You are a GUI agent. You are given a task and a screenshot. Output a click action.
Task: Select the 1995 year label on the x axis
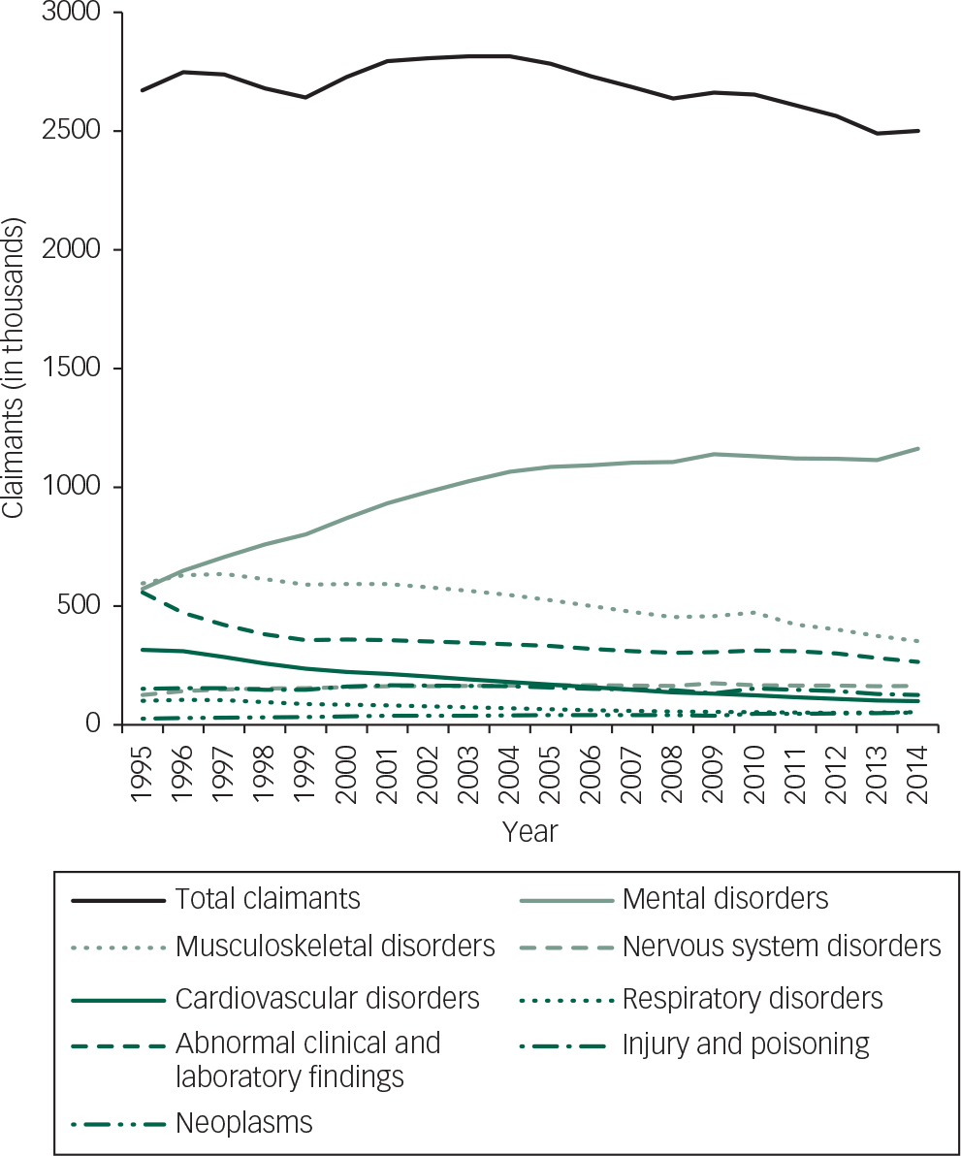point(143,770)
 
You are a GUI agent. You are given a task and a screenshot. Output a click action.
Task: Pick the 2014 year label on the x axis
point(918,770)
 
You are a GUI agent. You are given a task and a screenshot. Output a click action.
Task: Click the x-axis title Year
point(530,832)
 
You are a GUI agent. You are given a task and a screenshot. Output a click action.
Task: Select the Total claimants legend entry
point(268,899)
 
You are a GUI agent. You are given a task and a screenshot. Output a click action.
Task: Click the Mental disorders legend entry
point(725,899)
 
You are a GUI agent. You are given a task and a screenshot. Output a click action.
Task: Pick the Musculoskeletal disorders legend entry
point(336,947)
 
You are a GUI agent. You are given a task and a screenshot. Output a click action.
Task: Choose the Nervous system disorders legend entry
point(782,947)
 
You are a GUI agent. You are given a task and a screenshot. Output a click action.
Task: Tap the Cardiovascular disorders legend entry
point(328,998)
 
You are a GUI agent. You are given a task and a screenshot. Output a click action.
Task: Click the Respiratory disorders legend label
point(753,998)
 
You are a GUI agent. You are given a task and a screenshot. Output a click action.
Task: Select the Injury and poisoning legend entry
point(746,1044)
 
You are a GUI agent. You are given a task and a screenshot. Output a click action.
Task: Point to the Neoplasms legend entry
point(244,1123)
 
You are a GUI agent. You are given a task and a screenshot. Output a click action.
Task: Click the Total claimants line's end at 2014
point(918,131)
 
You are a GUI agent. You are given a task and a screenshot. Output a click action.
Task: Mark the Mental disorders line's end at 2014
point(918,448)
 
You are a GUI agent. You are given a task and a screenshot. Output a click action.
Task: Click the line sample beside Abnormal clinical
point(116,1045)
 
